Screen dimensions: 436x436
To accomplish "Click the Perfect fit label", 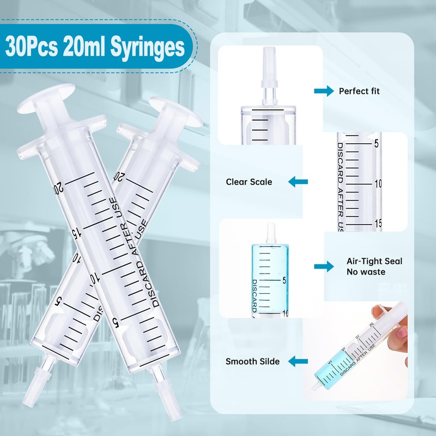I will [359, 91].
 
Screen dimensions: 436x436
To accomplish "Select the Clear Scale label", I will [249, 182].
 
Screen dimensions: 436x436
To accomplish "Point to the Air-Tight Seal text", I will [374, 261].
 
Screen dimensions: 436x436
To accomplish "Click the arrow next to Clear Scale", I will [298, 182].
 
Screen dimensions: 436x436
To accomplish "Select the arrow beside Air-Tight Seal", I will [324, 266].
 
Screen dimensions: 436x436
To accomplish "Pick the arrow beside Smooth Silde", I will [298, 361].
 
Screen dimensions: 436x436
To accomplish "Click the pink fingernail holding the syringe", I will [404, 332].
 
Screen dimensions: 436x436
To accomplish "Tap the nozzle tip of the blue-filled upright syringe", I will [271, 232].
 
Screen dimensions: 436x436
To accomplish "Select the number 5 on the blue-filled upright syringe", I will [284, 281].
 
